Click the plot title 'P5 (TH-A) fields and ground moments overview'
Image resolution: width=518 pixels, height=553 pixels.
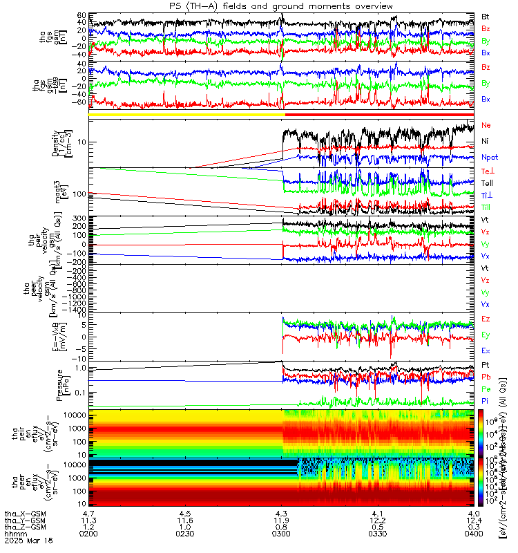click(x=282, y=6)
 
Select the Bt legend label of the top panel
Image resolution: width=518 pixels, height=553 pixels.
click(x=486, y=15)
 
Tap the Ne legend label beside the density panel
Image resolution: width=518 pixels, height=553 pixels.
click(x=486, y=126)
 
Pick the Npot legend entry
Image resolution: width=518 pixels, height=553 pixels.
click(x=489, y=157)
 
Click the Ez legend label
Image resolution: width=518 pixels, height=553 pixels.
click(x=486, y=319)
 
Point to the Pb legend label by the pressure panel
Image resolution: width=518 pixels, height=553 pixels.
click(x=486, y=377)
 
